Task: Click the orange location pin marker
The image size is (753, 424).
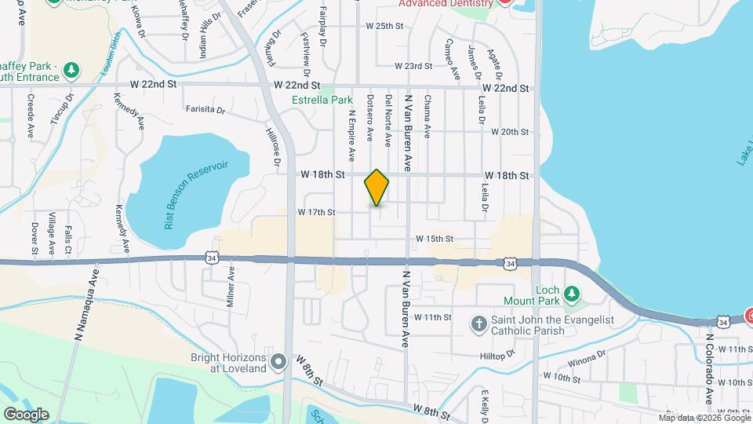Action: pyautogui.click(x=377, y=187)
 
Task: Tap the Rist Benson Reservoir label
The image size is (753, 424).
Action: pyautogui.click(x=196, y=196)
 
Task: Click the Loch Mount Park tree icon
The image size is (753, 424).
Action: pyautogui.click(x=572, y=294)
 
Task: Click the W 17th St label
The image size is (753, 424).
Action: pyautogui.click(x=316, y=212)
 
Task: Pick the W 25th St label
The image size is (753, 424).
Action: pyautogui.click(x=384, y=26)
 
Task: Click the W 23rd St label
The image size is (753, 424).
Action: pyautogui.click(x=413, y=66)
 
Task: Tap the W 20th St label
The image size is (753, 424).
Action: pyautogui.click(x=511, y=132)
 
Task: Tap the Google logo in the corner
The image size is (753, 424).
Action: pyautogui.click(x=25, y=414)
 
